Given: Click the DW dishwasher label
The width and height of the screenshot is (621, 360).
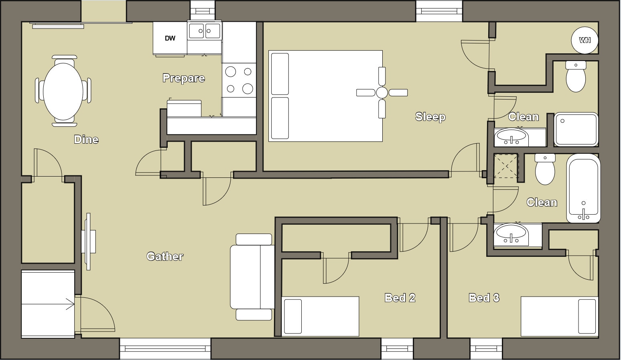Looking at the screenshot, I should [170, 39].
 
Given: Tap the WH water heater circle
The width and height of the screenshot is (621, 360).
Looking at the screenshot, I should [584, 40].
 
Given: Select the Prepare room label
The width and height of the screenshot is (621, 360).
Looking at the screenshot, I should [184, 78].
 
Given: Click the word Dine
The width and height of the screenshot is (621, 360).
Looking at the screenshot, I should [86, 139].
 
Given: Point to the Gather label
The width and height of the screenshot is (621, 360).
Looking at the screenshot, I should [165, 256].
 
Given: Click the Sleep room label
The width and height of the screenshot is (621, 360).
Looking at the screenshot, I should [430, 117].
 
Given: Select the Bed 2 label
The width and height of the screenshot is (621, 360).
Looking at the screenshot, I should [400, 297].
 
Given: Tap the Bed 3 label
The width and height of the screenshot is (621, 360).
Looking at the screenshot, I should [484, 297].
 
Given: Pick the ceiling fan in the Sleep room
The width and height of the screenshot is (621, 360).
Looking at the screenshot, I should [382, 93].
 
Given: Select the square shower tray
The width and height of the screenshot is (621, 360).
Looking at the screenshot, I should [576, 129].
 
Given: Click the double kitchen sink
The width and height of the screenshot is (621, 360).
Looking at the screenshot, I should [205, 31].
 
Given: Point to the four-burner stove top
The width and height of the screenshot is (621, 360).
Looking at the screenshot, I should [239, 80].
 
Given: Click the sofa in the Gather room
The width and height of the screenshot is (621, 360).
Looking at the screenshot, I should [252, 277].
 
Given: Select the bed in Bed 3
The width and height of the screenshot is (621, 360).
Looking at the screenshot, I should [559, 316].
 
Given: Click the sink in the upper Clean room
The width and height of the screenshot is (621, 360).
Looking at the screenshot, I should [511, 137].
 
